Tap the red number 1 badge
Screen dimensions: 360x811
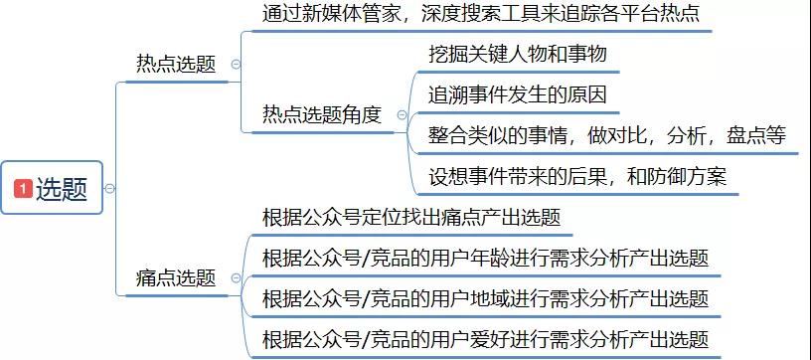click(x=22, y=188)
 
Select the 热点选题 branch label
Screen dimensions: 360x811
click(x=176, y=64)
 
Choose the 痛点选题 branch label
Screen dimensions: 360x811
click(x=176, y=278)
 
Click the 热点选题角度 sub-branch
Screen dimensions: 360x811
click(x=321, y=115)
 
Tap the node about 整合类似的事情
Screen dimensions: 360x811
click(x=606, y=135)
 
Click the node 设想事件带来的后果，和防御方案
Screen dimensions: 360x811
click(x=577, y=177)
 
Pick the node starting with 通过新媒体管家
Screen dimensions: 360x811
click(x=481, y=15)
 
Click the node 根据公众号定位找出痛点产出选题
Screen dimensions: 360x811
click(x=411, y=217)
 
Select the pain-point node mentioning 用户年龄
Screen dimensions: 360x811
click(x=485, y=259)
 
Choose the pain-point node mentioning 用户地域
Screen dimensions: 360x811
click(x=485, y=298)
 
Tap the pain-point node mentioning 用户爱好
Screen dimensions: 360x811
click(x=485, y=339)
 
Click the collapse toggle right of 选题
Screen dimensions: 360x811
click(x=109, y=188)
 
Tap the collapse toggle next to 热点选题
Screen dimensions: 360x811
click(x=235, y=64)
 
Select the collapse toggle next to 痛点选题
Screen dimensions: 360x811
click(x=235, y=278)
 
